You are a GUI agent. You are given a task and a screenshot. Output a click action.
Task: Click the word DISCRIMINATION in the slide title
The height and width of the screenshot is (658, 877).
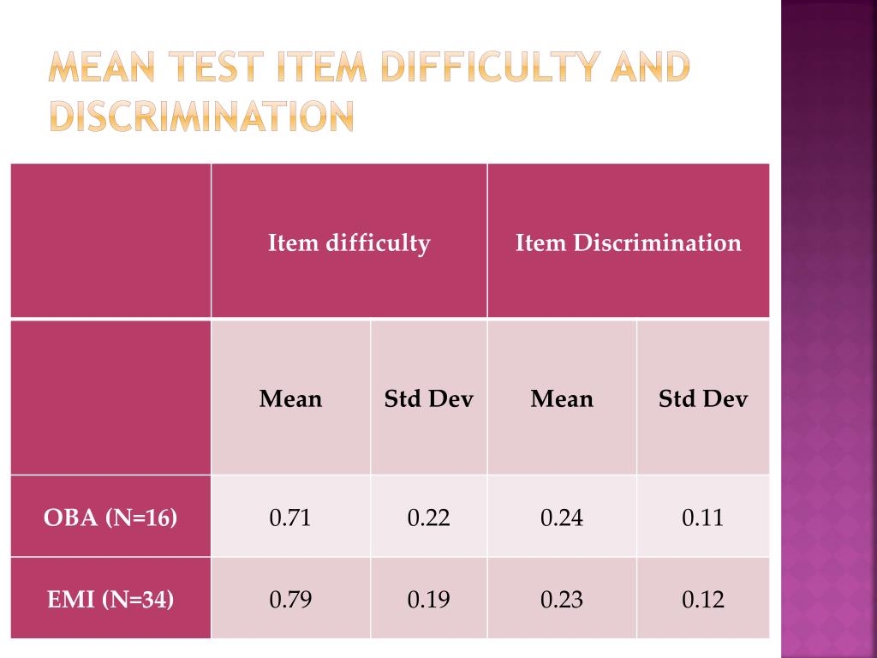click(x=201, y=117)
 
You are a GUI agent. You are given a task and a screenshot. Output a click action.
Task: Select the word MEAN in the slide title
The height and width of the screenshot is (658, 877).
click(x=101, y=67)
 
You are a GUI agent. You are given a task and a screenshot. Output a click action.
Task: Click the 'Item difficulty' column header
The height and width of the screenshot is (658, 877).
click(x=349, y=242)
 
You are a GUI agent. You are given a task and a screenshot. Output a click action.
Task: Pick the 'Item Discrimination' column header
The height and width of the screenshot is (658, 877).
click(x=628, y=242)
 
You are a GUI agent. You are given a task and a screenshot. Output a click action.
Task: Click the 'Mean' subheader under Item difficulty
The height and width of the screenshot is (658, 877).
click(x=290, y=399)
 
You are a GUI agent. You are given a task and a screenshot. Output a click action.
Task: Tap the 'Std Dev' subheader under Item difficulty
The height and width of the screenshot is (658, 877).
click(x=428, y=399)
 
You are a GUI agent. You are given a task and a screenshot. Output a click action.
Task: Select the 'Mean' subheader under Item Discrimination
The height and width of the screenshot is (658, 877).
click(x=562, y=399)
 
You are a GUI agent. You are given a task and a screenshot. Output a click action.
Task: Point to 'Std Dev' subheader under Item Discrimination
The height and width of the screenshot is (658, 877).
click(x=702, y=399)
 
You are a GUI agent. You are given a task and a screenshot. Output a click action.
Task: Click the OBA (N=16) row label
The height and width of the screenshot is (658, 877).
click(x=110, y=517)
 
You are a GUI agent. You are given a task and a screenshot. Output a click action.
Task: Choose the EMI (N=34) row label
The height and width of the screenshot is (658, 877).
click(x=110, y=599)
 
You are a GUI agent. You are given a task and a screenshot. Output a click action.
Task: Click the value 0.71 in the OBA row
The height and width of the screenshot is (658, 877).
click(x=289, y=517)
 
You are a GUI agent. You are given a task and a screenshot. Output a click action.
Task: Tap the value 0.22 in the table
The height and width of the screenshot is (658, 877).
click(x=428, y=517)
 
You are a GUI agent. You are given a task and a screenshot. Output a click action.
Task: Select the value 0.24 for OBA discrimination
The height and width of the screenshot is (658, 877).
click(x=562, y=517)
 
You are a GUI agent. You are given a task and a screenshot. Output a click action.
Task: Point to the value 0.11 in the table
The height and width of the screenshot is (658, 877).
click(x=702, y=517)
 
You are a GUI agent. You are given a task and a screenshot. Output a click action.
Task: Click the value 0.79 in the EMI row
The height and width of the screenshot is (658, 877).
click(x=290, y=599)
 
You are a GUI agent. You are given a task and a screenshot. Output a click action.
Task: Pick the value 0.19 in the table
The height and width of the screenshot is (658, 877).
click(x=428, y=599)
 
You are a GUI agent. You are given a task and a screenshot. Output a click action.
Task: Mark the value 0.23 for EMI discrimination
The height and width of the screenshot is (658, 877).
click(x=562, y=599)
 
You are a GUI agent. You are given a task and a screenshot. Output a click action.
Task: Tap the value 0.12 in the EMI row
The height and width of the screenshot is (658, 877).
click(x=703, y=599)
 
